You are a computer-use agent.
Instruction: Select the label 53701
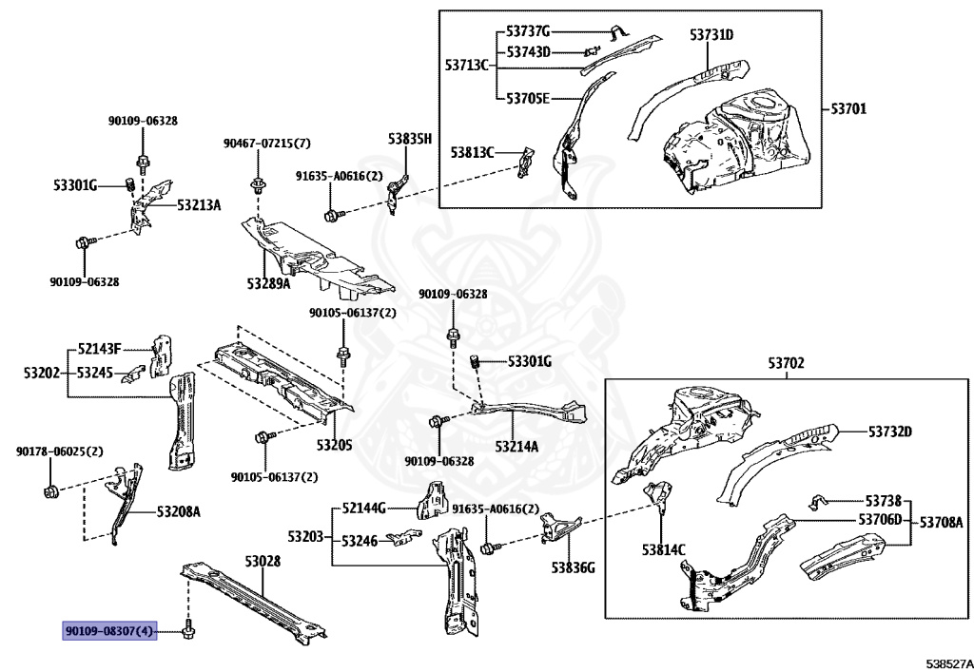tap(848, 109)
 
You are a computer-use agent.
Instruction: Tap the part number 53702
tap(786, 363)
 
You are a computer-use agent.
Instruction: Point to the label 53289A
tap(269, 283)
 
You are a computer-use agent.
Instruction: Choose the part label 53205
tap(334, 444)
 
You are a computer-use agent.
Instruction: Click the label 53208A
tap(178, 511)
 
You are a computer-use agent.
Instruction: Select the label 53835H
tap(409, 139)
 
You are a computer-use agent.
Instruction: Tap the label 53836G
tap(573, 568)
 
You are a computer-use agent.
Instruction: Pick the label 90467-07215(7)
tap(266, 144)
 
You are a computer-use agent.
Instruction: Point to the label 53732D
tap(889, 432)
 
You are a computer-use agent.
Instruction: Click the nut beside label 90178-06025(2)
tap(52, 491)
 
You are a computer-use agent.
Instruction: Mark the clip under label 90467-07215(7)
tap(257, 182)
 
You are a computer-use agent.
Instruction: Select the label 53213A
tap(199, 204)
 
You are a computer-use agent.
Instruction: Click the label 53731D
tap(711, 35)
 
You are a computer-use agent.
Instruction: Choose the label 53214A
tap(516, 445)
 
